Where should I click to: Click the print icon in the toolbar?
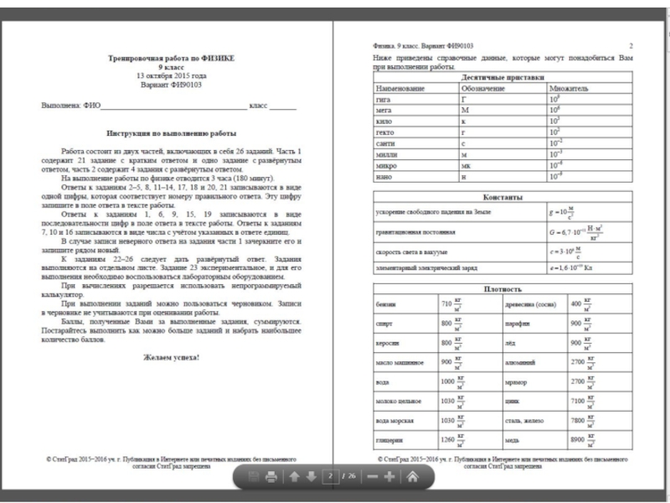(x=271, y=478)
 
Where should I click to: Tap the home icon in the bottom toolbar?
(x=412, y=478)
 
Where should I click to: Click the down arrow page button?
(x=311, y=478)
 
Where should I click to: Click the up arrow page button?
(x=294, y=478)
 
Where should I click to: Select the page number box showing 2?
(x=330, y=478)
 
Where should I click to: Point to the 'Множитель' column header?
(x=569, y=87)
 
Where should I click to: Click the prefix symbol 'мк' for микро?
(x=466, y=165)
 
